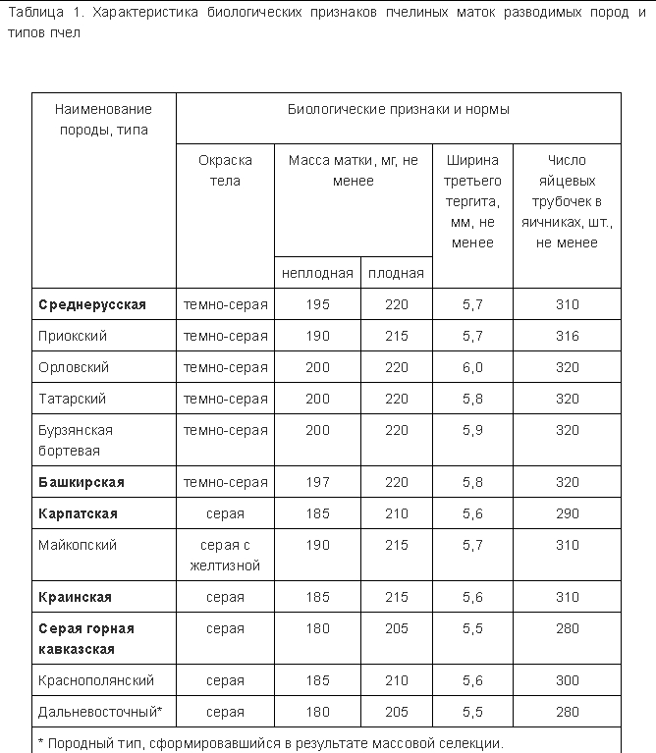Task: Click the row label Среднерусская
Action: click(x=92, y=304)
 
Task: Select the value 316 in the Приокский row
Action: click(x=567, y=336)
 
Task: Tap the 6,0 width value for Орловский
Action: click(x=472, y=367)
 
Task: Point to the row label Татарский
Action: click(x=73, y=399)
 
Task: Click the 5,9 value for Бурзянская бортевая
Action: click(x=472, y=430)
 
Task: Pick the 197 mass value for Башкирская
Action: click(x=317, y=482)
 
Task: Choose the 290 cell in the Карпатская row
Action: click(x=567, y=513)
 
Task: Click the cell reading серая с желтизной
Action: click(x=226, y=555)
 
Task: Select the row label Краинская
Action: click(x=76, y=597)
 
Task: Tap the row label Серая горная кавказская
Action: click(x=86, y=638)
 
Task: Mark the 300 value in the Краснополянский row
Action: click(x=567, y=680)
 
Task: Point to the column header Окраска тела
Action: click(x=226, y=170)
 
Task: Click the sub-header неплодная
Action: click(x=317, y=273)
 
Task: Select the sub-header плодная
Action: click(x=396, y=273)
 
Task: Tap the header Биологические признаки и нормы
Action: click(x=398, y=110)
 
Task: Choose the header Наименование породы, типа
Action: click(x=104, y=120)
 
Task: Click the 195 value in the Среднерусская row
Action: click(x=317, y=304)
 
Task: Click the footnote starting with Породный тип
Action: click(x=270, y=743)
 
